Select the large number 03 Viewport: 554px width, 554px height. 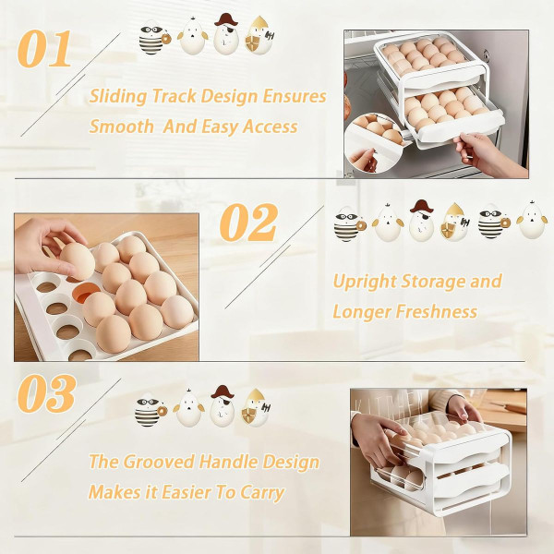pyautogui.click(x=46, y=394)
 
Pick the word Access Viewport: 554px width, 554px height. pyautogui.click(x=267, y=126)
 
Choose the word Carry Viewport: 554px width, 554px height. pyautogui.click(x=261, y=492)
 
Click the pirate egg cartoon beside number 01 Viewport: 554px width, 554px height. pyautogui.click(x=225, y=34)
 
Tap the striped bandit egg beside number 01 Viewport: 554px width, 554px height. pyautogui.click(x=151, y=38)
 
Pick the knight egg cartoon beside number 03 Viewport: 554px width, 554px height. pyautogui.click(x=254, y=407)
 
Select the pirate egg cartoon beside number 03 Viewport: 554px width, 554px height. pyautogui.click(x=222, y=405)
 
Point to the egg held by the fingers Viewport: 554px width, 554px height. pyautogui.click(x=77, y=259)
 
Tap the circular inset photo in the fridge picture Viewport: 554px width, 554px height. pyautogui.click(x=379, y=140)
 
